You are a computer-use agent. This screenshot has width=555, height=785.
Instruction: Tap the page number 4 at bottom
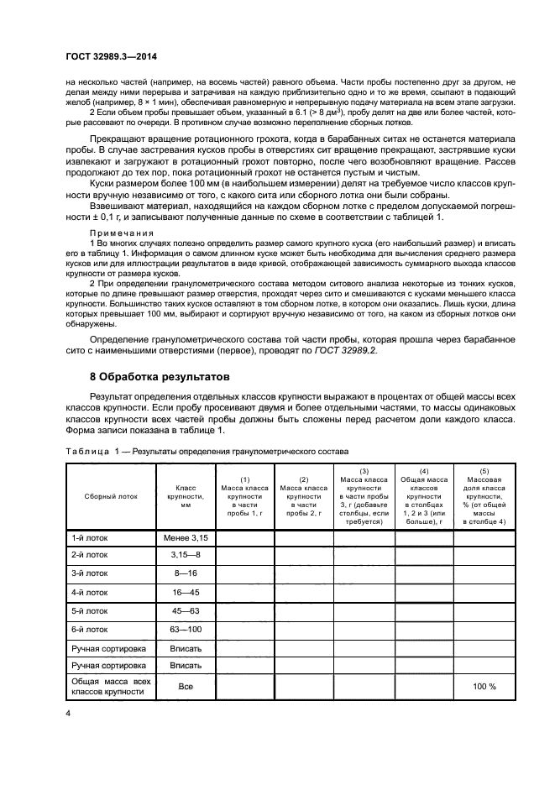(x=69, y=713)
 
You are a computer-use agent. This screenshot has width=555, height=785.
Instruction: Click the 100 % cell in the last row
(x=484, y=686)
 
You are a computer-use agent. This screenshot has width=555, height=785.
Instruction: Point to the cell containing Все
(x=186, y=686)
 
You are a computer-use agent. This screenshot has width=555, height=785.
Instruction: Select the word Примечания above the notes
(x=117, y=233)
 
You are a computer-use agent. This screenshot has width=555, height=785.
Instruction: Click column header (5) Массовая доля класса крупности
(x=484, y=496)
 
